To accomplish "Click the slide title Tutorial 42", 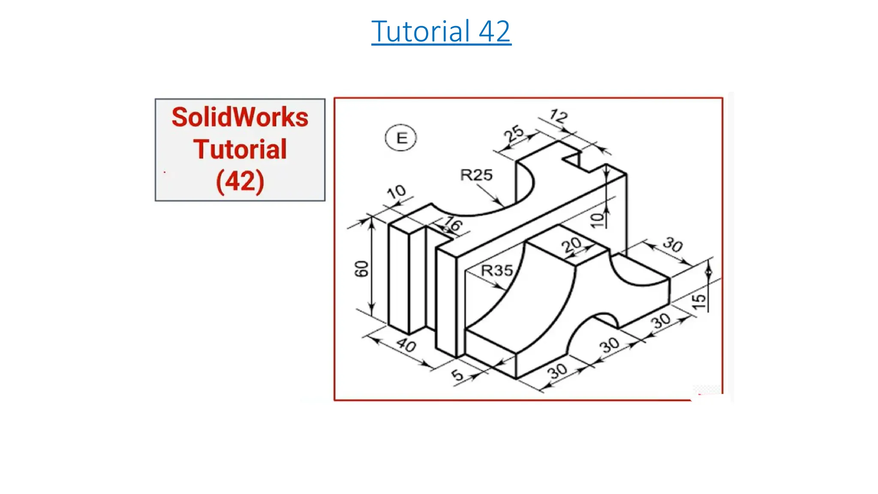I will click(441, 31).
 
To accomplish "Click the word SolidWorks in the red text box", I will click(240, 117).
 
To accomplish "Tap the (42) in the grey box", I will click(240, 181).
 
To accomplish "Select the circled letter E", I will click(401, 138).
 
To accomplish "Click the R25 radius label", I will click(476, 175).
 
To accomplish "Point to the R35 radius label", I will click(496, 271).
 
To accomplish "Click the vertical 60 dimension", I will click(361, 269).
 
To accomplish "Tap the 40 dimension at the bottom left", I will click(406, 344).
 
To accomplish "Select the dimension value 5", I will click(457, 375).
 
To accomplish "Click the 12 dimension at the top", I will click(559, 116).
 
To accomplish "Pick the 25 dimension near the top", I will click(514, 133).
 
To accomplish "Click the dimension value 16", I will click(453, 224).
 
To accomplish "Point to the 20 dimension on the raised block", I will click(571, 245).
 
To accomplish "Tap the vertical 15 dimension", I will click(699, 301).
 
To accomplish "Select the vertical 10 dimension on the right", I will click(597, 220).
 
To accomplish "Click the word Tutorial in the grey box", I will click(240, 149).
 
